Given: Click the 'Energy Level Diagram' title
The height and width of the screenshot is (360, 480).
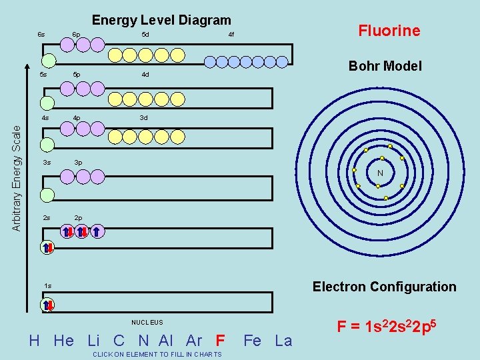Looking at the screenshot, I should coord(161,21).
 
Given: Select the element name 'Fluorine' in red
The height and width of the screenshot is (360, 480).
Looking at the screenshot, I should coord(389,31).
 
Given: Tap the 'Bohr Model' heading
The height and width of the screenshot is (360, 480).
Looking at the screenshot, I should coord(385,66).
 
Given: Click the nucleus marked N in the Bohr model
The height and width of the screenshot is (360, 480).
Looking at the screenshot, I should coord(379,173).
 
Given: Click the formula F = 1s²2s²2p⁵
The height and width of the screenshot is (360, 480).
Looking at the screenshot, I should coord(387,327).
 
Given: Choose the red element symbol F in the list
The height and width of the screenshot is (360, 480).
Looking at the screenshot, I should coord(221,341).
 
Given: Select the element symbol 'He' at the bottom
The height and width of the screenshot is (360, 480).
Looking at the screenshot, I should coord(63,341).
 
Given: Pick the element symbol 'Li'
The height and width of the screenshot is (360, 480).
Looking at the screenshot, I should coord(94,341).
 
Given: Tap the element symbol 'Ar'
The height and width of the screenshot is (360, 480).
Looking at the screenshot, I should coord(194,341).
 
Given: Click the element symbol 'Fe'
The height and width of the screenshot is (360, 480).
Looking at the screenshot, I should coord(253,341).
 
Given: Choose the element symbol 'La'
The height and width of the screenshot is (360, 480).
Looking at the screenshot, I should coord(283,341).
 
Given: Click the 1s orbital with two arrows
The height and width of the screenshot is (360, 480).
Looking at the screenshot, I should coord(48,305).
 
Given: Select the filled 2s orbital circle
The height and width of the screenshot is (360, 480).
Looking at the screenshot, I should coord(48,247).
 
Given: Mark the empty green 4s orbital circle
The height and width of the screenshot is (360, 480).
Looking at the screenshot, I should coord(47,145).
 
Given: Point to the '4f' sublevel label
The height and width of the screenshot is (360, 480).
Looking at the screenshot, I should coord(231,35).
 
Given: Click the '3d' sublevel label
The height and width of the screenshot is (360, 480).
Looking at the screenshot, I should coord(143,118).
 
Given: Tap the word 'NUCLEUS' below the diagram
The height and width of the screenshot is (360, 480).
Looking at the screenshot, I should coord(147,323).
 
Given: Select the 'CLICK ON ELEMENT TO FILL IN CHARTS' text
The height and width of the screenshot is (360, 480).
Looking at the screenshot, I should coord(159,355).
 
